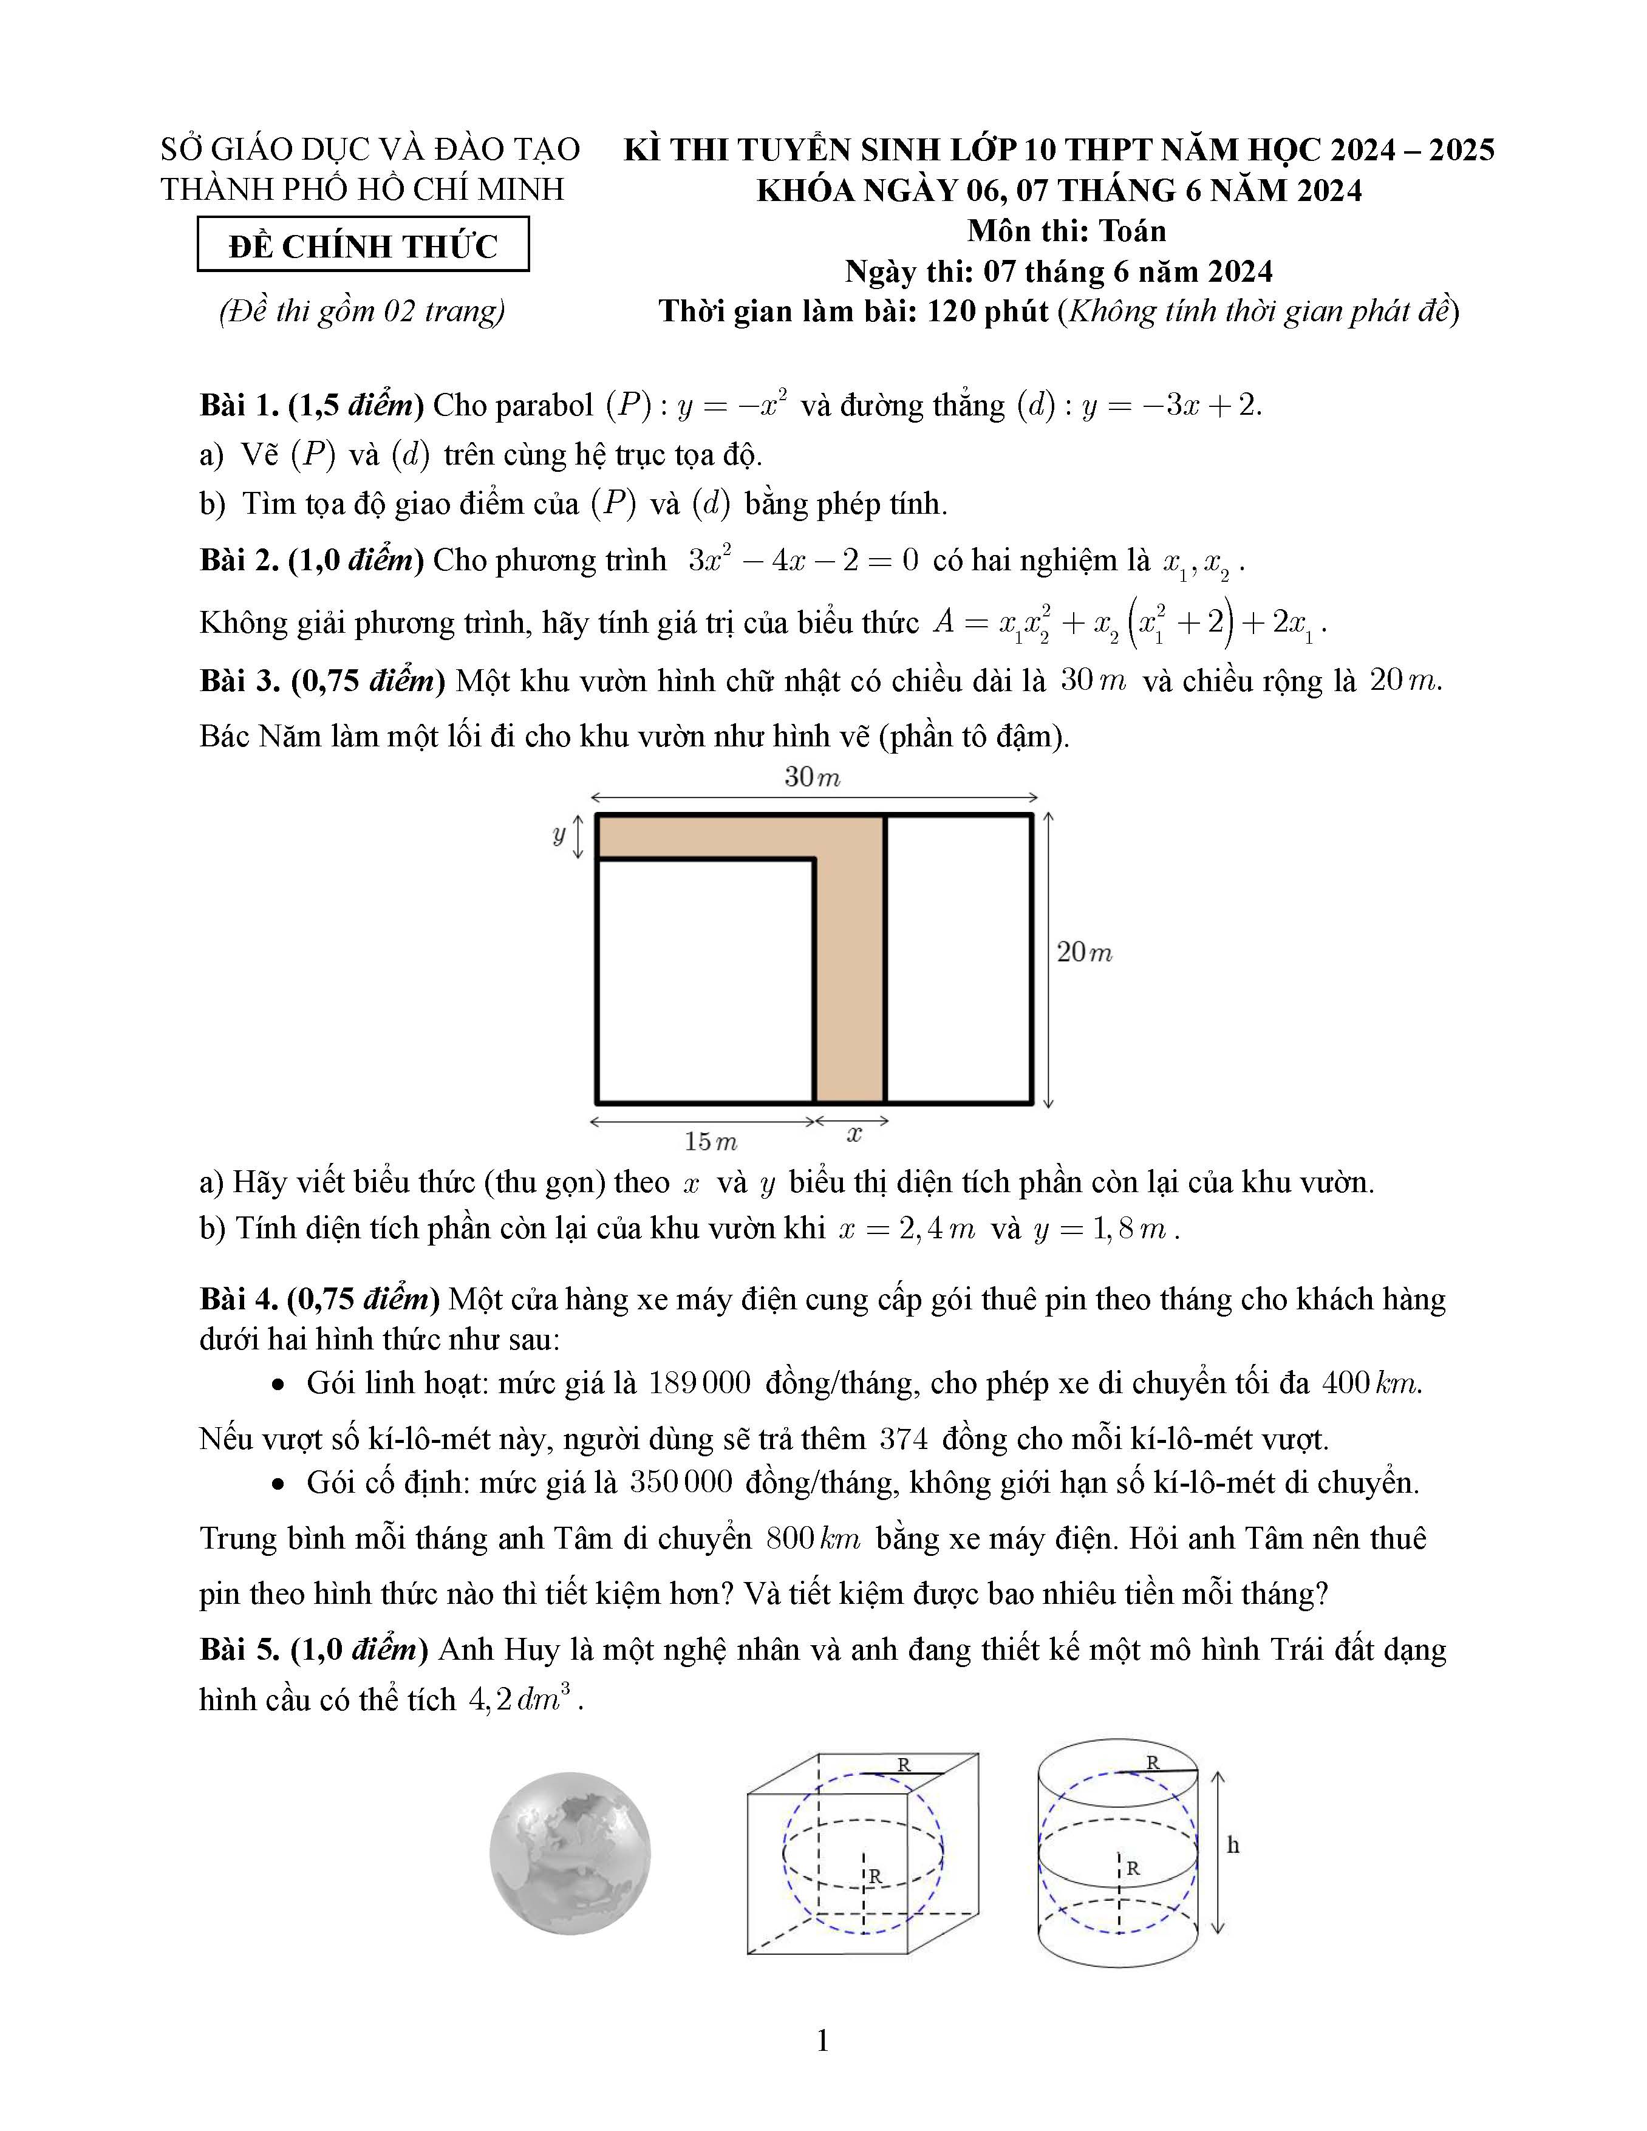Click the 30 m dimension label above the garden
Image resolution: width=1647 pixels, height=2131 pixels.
coord(812,778)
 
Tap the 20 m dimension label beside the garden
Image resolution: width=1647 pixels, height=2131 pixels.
coord(1084,952)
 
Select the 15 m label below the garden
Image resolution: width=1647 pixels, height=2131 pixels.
coord(711,1141)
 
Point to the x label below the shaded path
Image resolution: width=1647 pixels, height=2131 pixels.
coord(854,1134)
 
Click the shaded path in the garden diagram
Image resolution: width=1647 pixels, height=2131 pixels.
coord(850,976)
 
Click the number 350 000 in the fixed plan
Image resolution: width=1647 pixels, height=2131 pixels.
coord(680,1482)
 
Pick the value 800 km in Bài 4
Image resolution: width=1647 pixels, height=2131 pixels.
coord(813,1539)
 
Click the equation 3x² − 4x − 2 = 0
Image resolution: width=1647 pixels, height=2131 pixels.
coord(803,560)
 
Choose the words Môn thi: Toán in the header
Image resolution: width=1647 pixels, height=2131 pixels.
coord(1066,231)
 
